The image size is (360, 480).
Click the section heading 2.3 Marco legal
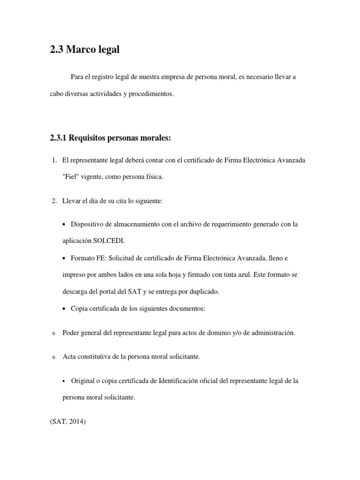click(x=84, y=49)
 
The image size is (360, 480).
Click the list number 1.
click(x=54, y=161)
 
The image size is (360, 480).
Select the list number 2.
click(x=54, y=201)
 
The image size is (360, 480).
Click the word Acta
click(x=70, y=357)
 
